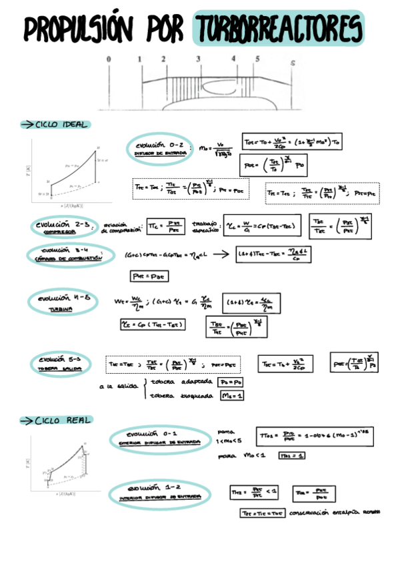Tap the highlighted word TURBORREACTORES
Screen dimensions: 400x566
point(278,28)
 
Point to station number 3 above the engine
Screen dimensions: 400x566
point(199,59)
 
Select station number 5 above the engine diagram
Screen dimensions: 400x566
point(257,59)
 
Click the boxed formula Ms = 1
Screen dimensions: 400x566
point(231,396)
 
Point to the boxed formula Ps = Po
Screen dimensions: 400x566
point(231,382)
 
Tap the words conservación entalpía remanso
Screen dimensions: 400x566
point(333,513)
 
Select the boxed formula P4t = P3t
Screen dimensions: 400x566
point(143,276)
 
